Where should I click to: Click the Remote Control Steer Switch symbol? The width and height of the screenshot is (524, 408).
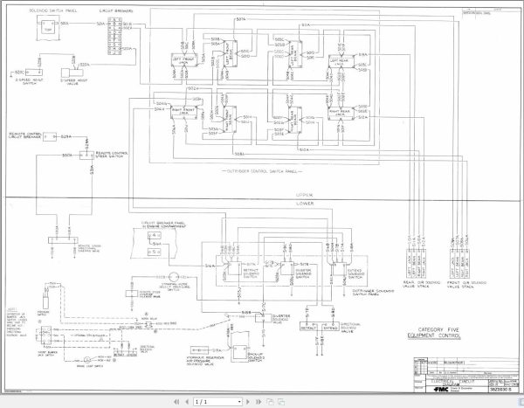pos(85,155)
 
